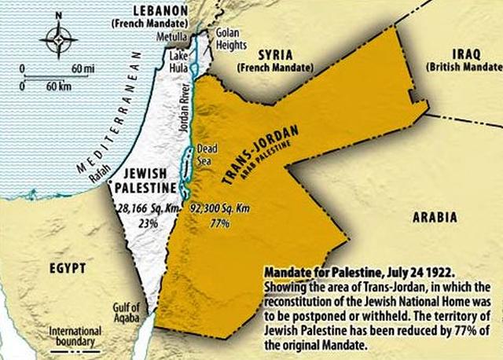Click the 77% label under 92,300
click(x=219, y=223)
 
